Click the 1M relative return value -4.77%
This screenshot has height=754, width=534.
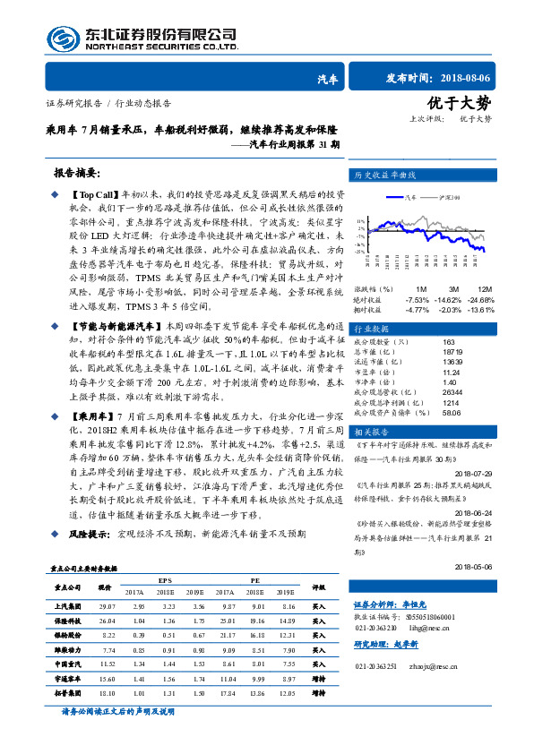pos(418,309)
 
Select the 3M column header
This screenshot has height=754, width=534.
pos(455,289)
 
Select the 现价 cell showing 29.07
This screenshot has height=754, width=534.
pos(108,606)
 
